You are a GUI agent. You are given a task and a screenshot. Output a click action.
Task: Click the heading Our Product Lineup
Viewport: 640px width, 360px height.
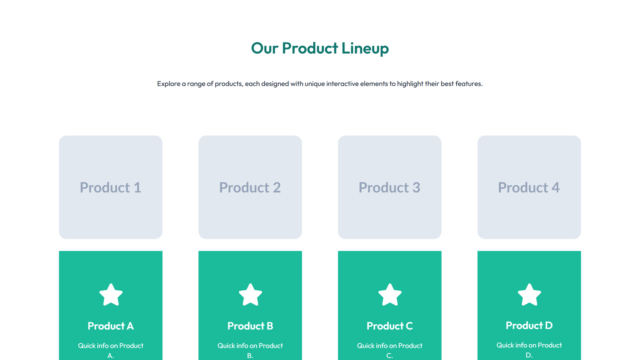[x=320, y=48]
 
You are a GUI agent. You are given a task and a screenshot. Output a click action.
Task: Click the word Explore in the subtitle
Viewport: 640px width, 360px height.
[x=168, y=84]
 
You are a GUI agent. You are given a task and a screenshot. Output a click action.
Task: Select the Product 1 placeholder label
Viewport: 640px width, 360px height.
[x=110, y=188]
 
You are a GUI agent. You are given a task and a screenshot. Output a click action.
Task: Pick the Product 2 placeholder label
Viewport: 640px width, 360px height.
[x=250, y=188]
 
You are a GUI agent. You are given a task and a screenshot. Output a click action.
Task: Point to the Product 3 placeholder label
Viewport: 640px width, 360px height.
[x=389, y=188]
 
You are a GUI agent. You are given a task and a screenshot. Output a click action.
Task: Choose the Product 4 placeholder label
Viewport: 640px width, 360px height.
[x=529, y=188]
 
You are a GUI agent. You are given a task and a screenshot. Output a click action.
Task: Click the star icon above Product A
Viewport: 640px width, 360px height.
[x=111, y=295]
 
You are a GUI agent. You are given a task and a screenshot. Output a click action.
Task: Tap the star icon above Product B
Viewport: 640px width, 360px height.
[x=250, y=295]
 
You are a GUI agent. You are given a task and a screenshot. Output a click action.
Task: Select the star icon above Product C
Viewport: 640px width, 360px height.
[x=390, y=295]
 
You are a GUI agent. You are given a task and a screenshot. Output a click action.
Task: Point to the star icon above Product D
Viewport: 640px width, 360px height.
[x=529, y=295]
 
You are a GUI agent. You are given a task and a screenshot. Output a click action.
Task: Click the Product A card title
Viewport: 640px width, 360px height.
[x=111, y=326]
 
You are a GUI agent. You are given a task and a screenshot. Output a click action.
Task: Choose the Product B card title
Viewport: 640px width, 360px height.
[x=250, y=326]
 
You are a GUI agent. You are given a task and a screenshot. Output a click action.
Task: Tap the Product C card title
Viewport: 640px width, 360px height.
[x=390, y=326]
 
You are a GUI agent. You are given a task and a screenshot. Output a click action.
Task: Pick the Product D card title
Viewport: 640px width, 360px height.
[x=529, y=326]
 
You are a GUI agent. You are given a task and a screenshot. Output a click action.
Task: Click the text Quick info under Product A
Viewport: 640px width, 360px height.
[x=93, y=346]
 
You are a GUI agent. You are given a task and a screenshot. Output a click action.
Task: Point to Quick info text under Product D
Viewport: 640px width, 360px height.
[x=512, y=345]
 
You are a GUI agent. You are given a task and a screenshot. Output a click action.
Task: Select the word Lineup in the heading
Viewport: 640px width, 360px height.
[x=365, y=48]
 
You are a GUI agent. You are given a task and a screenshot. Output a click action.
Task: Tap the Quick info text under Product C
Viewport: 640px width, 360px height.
[x=372, y=346]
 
